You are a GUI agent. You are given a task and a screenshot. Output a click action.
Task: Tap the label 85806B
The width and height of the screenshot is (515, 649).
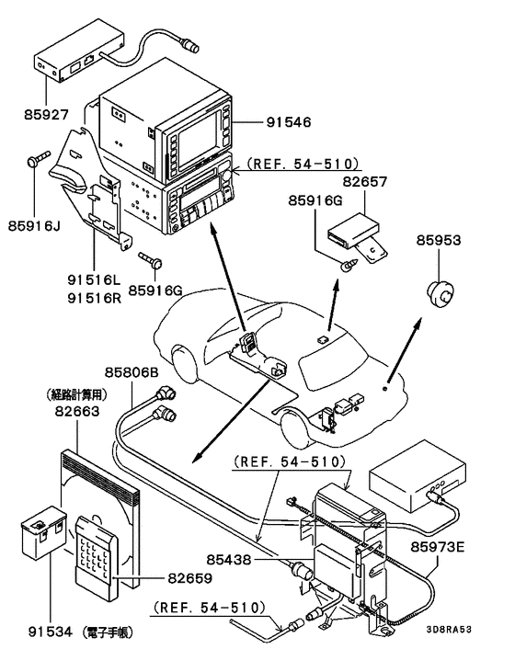[131, 372]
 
